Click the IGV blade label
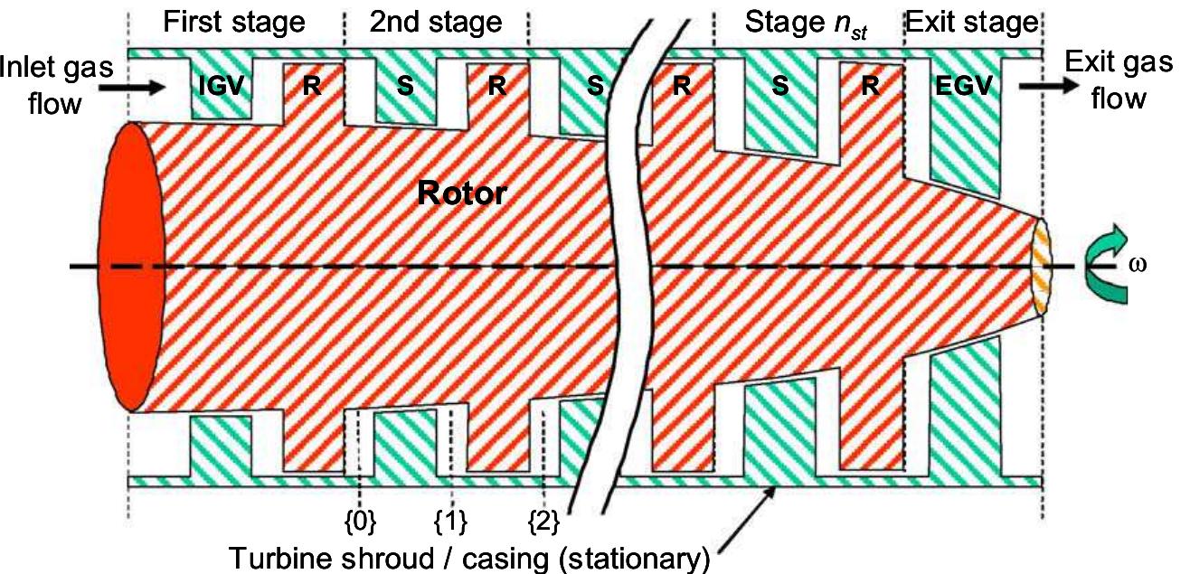(221, 87)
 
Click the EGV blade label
(967, 87)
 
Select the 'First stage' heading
(233, 22)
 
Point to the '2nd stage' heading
(435, 22)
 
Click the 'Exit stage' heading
(972, 22)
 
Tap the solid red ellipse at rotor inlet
(134, 267)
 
